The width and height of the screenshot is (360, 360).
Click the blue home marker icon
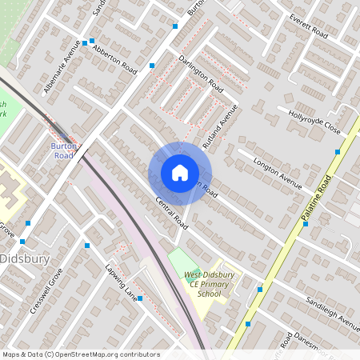click(x=180, y=173)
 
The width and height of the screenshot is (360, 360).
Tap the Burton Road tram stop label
click(x=63, y=150)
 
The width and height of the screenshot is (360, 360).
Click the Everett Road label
click(x=309, y=30)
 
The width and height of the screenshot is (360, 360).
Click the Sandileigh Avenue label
click(x=333, y=312)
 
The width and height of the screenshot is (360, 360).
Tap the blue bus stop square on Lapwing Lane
click(x=140, y=298)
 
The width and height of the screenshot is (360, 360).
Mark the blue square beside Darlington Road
click(x=152, y=65)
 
